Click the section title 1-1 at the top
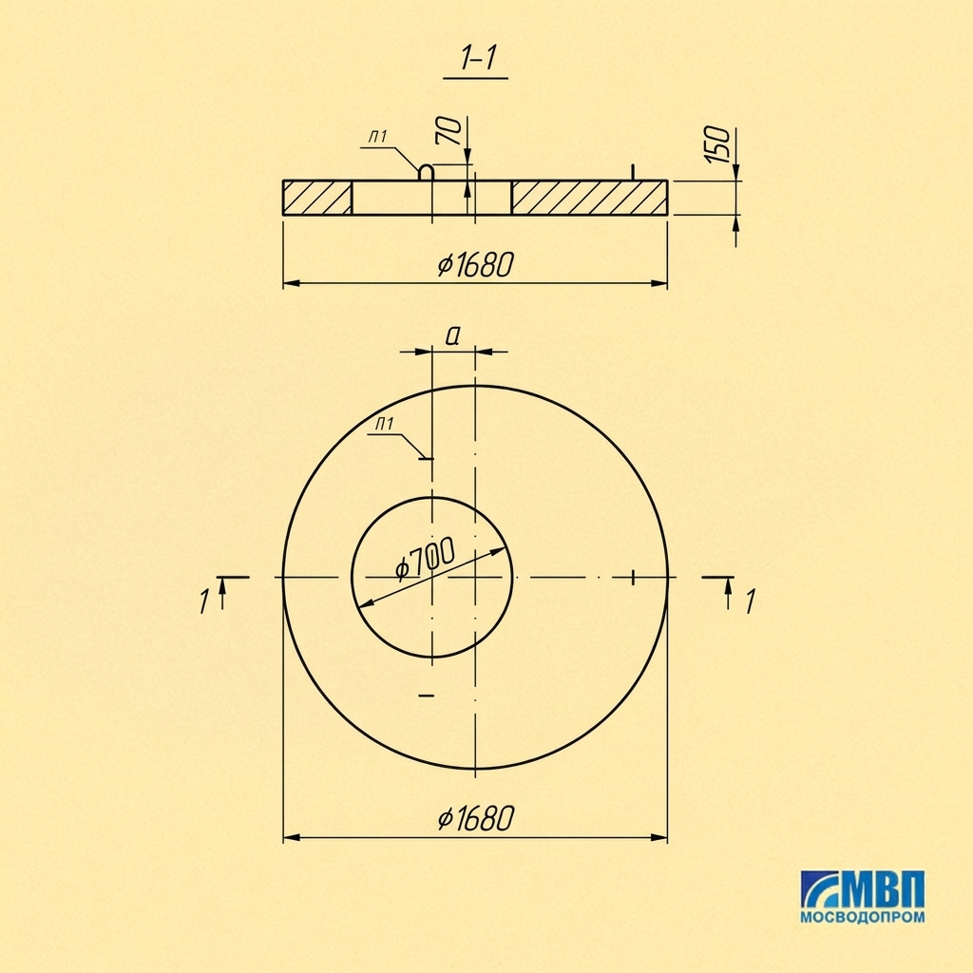(478, 59)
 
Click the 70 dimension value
(450, 131)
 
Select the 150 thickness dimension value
(718, 144)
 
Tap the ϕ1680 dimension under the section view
(476, 264)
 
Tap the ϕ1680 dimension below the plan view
(476, 818)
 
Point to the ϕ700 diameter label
(426, 558)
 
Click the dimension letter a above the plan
(453, 335)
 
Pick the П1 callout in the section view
(378, 137)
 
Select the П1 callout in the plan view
(385, 424)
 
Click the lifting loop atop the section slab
(426, 172)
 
